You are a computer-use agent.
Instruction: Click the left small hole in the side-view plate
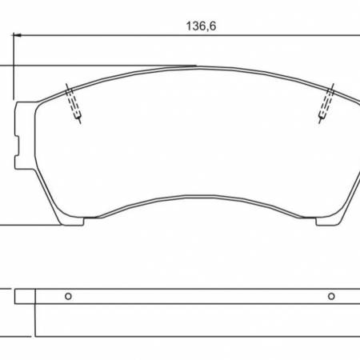(x=68, y=296)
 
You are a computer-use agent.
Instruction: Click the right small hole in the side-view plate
(x=330, y=296)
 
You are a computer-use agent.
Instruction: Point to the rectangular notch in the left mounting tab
(x=18, y=146)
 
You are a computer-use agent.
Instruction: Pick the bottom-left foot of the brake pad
(x=74, y=222)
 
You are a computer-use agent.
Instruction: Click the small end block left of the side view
(x=25, y=296)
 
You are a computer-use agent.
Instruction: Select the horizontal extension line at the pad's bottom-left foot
(x=32, y=226)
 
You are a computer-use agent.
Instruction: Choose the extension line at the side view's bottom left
(x=16, y=334)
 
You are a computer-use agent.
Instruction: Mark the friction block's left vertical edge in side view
(x=36, y=320)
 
